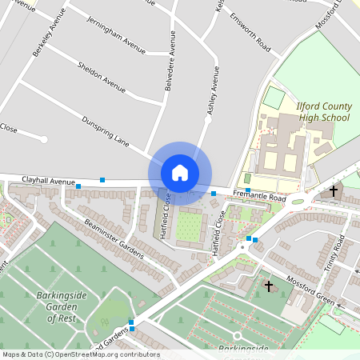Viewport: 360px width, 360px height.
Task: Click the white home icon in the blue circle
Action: pyautogui.click(x=180, y=172)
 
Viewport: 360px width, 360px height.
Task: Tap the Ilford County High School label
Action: pyautogui.click(x=323, y=112)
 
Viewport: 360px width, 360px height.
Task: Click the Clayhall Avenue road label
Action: pyautogui.click(x=48, y=182)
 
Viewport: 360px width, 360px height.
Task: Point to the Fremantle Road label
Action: pyautogui.click(x=259, y=196)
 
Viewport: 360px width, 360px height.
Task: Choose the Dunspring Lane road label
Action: pyautogui.click(x=105, y=131)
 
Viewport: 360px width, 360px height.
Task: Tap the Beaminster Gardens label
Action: pyautogui.click(x=113, y=238)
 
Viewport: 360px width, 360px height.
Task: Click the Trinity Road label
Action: pyautogui.click(x=333, y=255)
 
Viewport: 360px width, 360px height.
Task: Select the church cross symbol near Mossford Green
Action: pyautogui.click(x=269, y=286)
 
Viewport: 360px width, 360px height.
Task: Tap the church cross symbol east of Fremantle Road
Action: pyautogui.click(x=334, y=190)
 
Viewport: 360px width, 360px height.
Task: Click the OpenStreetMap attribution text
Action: pyautogui.click(x=80, y=354)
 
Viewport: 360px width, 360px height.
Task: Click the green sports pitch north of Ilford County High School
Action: pyautogui.click(x=274, y=98)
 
